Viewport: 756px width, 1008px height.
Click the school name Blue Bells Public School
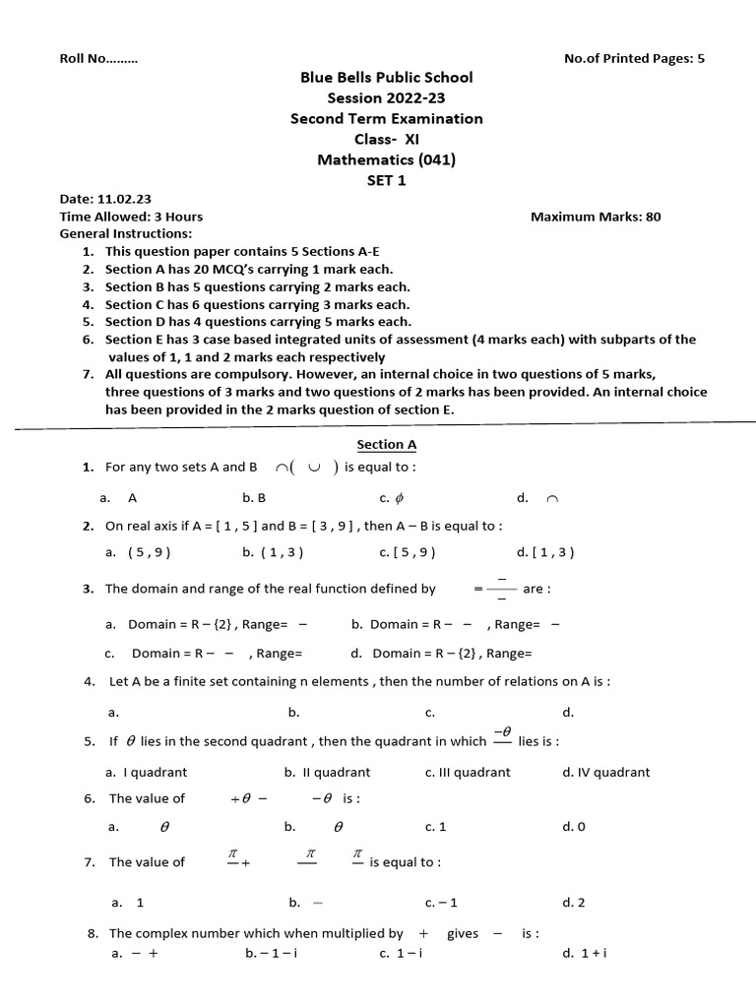point(386,77)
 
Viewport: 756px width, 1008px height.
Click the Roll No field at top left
point(98,58)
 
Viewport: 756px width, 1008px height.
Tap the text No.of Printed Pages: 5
point(633,58)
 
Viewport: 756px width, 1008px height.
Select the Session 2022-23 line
point(386,97)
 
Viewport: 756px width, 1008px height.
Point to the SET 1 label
point(386,180)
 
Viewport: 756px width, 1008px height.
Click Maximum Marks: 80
point(596,217)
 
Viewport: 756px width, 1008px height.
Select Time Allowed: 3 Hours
point(131,217)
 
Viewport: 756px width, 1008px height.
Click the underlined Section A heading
point(387,445)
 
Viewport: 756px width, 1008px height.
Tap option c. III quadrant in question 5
point(468,773)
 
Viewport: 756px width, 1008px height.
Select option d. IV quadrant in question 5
point(605,773)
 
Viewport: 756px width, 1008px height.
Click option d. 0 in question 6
point(573,827)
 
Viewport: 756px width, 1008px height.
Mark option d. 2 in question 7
point(573,902)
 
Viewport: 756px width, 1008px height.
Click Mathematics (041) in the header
point(386,159)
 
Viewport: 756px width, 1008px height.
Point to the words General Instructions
point(126,233)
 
